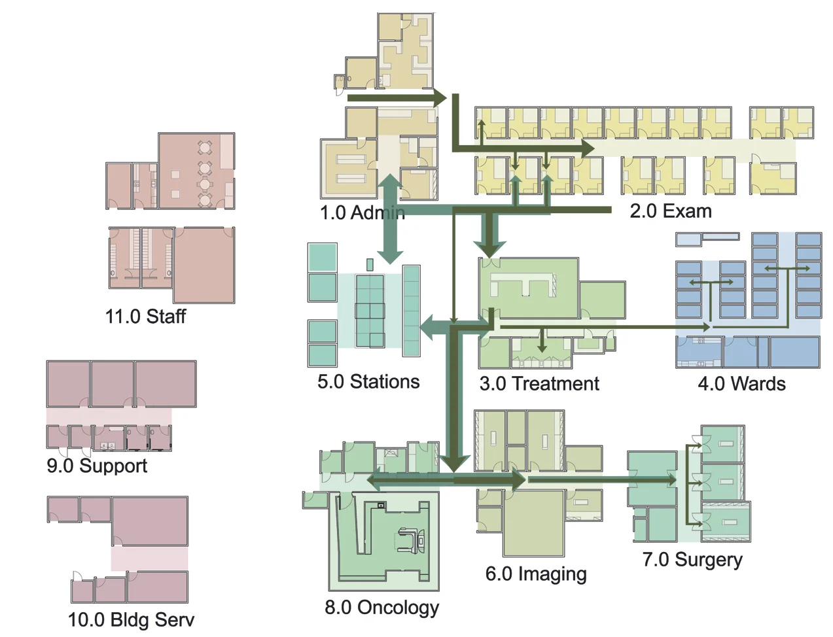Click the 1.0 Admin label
coord(362,213)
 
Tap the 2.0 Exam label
coord(670,211)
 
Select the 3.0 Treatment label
coord(539,383)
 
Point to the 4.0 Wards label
coord(741,383)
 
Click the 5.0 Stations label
coord(368,381)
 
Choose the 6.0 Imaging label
coord(535,574)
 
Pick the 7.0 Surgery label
coord(692,560)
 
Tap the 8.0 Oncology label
coord(381,607)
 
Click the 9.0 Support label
coord(97,466)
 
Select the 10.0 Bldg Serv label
coord(131,619)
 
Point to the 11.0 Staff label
coord(145,317)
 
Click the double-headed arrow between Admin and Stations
coord(390,219)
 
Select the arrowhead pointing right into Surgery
coord(671,480)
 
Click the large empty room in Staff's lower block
coord(204,264)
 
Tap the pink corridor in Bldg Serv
coord(149,558)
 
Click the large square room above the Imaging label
coord(533,523)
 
